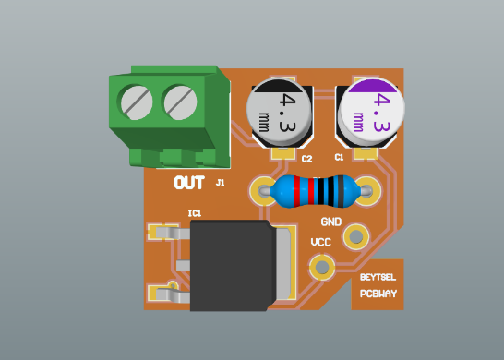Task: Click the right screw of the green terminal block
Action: click(x=181, y=102)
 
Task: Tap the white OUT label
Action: click(x=189, y=183)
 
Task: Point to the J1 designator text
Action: click(x=220, y=184)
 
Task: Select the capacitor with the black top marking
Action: click(x=282, y=114)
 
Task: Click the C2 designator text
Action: click(x=307, y=159)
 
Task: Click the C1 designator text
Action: click(x=339, y=158)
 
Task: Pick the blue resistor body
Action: click(x=315, y=192)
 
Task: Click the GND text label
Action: click(x=330, y=222)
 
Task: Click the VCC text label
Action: click(x=321, y=242)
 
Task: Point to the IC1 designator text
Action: click(x=195, y=213)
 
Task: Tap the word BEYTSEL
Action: click(x=378, y=278)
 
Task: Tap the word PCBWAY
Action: click(x=378, y=294)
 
